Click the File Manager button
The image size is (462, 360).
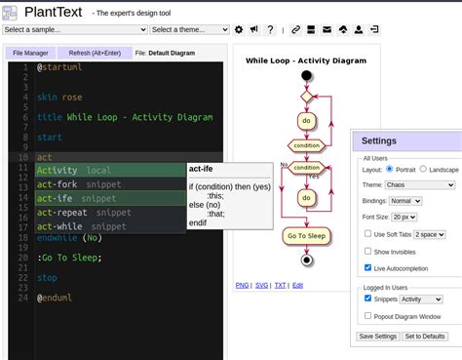[31, 53]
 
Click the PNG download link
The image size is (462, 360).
[243, 285]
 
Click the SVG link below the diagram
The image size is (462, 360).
[261, 285]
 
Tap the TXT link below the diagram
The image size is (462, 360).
[280, 285]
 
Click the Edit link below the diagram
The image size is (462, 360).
[298, 285]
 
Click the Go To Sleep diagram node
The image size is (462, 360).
[305, 236]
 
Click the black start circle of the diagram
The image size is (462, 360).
[307, 75]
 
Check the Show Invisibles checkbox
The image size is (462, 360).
[367, 251]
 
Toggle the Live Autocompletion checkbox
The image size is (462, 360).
[367, 267]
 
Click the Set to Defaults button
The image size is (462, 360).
[425, 337]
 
